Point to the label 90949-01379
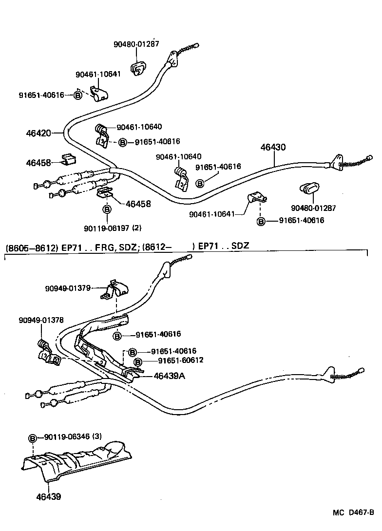(67, 288)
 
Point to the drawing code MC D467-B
(353, 513)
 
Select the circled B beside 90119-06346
(33, 437)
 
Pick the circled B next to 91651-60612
(138, 361)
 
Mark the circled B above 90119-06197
(107, 209)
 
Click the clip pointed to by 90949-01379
(115, 291)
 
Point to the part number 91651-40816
(157, 142)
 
